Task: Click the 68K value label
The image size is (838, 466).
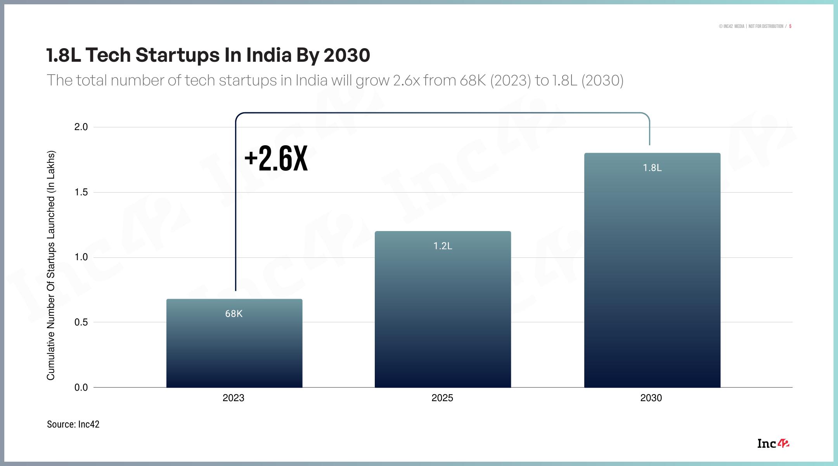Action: pos(234,314)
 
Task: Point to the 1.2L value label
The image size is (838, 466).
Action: pos(443,246)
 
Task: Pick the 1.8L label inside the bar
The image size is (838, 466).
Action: pos(652,168)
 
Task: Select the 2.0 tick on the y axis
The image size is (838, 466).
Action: pos(81,127)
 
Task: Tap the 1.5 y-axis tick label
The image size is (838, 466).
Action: pos(81,192)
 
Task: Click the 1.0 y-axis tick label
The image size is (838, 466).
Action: pos(81,257)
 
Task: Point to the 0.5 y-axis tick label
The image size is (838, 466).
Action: pos(81,322)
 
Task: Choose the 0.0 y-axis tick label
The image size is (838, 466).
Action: pos(81,387)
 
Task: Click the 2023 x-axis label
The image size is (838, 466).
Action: pos(234,398)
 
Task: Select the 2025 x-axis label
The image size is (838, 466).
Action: pos(442,398)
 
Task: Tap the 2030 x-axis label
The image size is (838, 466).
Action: pos(651,398)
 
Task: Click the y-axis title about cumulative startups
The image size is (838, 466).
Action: pos(51,265)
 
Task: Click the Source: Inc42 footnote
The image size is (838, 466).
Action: pos(73,424)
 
